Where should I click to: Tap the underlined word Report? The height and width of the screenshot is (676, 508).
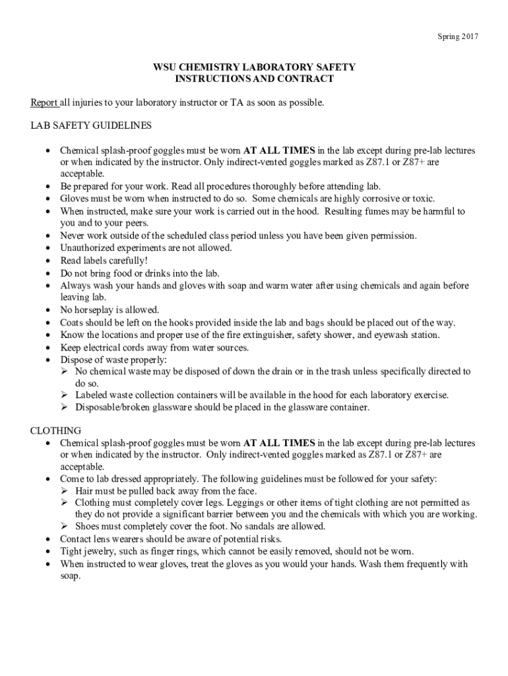tap(44, 103)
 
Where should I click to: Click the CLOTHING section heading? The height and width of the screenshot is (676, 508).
tap(56, 430)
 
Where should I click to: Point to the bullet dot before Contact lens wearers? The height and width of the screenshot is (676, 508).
tap(48, 539)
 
